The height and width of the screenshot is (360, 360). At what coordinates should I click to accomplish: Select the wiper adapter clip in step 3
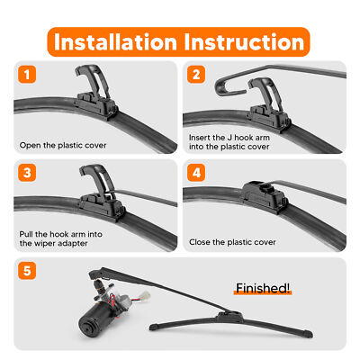102,195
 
